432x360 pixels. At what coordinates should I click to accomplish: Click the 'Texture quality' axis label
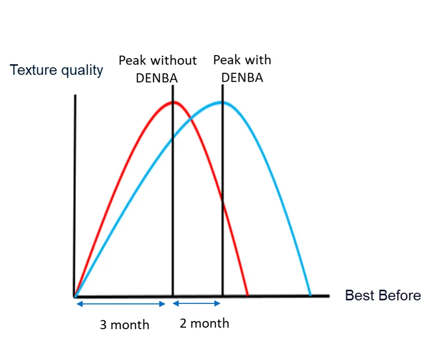pos(56,70)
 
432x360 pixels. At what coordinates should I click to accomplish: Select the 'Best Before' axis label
pos(383,295)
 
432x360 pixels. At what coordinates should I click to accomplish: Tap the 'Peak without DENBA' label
pos(158,69)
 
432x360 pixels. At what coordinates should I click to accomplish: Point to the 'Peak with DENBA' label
pos(242,69)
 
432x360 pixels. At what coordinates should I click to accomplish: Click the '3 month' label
pos(124,325)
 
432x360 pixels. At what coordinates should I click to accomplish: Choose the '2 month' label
pos(205,323)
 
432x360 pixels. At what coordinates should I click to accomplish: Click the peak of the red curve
pos(174,102)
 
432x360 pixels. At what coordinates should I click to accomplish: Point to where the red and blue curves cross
pos(191,119)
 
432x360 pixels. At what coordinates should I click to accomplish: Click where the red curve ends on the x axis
pos(247,295)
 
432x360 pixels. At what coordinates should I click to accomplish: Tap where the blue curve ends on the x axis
pos(310,295)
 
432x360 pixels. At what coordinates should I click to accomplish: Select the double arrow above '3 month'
pos(121,304)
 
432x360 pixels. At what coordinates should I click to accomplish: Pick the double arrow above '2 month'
pos(197,303)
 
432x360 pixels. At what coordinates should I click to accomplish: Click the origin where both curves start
pos(75,296)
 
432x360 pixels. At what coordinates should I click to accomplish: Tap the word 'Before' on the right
pos(400,295)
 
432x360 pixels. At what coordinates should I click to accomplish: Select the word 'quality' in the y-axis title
pos(82,71)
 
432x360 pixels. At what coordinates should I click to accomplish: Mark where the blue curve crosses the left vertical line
pos(173,139)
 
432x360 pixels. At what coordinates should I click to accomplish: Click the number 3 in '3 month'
pos(103,325)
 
